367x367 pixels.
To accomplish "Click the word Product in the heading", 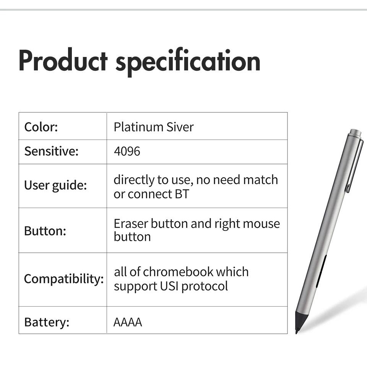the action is (63, 60).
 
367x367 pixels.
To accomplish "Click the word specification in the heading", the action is (188, 62).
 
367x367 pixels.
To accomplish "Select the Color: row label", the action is (41, 127).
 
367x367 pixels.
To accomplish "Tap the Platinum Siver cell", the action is (154, 127).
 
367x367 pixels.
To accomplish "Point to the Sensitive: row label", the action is (51, 151).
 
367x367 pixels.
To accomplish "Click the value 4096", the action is (127, 151).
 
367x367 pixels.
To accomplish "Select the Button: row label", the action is (45, 231).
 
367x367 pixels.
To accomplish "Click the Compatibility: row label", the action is (64, 279).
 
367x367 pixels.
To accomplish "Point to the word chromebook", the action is (178, 272).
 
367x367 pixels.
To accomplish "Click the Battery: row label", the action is (47, 322).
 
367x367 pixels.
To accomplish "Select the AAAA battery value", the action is (128, 322).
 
